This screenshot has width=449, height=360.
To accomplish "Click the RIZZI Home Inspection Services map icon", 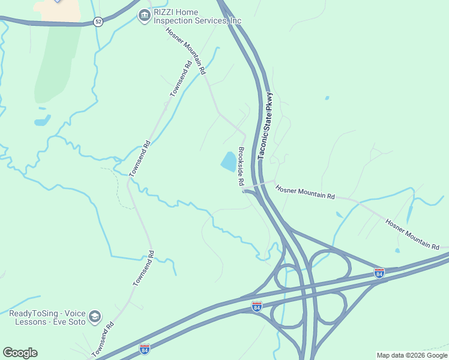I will pyautogui.click(x=144, y=15).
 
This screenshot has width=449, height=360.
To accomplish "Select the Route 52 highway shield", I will pyautogui.click(x=98, y=22).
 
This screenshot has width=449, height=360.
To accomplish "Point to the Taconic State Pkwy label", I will pyautogui.click(x=266, y=125).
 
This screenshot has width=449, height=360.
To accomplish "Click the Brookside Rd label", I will pyautogui.click(x=241, y=166).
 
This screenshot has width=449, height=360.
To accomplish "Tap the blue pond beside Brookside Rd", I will pyautogui.click(x=228, y=161).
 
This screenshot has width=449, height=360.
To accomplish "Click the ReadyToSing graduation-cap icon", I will pyautogui.click(x=95, y=316).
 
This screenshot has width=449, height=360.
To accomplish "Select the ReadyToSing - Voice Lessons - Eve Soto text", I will pyautogui.click(x=47, y=317).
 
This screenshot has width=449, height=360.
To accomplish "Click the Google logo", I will pyautogui.click(x=20, y=353).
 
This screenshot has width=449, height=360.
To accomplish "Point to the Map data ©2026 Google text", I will pyautogui.click(x=411, y=355).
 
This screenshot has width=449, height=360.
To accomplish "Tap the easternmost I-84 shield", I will pyautogui.click(x=379, y=273).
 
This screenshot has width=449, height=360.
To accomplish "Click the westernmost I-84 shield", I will pyautogui.click(x=144, y=349).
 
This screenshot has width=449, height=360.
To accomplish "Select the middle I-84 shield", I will pyautogui.click(x=257, y=307).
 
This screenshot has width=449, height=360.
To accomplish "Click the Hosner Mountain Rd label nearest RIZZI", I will pyautogui.click(x=187, y=51).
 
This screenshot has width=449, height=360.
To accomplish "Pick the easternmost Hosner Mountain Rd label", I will pyautogui.click(x=412, y=234).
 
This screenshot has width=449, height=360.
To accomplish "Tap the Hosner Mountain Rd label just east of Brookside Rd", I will pyautogui.click(x=305, y=192).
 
